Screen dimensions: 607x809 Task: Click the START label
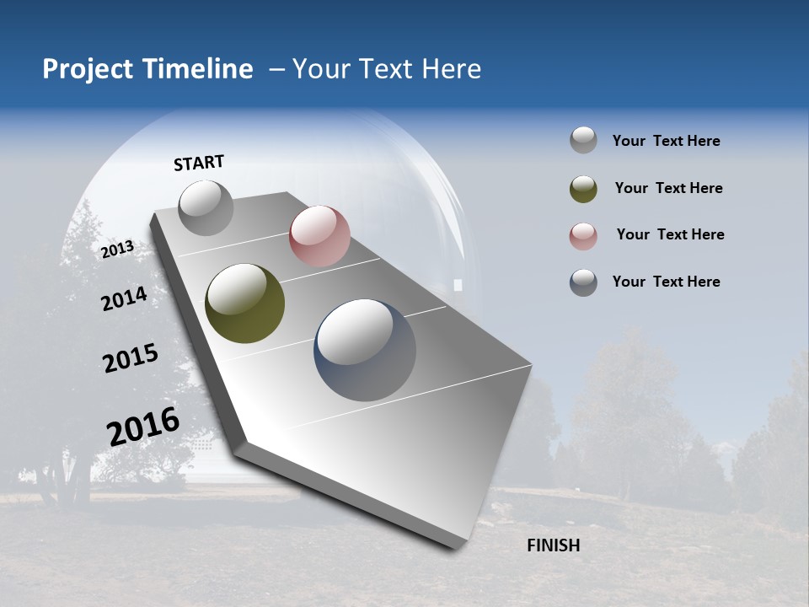click(x=199, y=163)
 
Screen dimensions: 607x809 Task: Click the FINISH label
click(x=553, y=545)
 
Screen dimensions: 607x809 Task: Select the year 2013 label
click(x=118, y=249)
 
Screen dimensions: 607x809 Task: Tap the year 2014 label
click(x=124, y=298)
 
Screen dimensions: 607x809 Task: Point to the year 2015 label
click(x=131, y=358)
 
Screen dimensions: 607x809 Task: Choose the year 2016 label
click(x=143, y=426)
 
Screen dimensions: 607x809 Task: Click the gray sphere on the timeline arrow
click(x=206, y=207)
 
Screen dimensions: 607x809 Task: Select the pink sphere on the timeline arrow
click(x=319, y=236)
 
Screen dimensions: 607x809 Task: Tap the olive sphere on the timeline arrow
click(x=244, y=303)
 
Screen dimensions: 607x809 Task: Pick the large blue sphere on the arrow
click(x=364, y=350)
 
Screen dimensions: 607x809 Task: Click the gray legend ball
click(x=583, y=141)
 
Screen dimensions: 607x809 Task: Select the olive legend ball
click(x=583, y=189)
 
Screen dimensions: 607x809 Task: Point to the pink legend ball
click(x=583, y=236)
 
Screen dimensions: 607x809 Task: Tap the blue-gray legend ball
click(x=583, y=282)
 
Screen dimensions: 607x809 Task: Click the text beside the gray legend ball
click(x=666, y=141)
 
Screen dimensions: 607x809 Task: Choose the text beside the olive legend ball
click(x=668, y=188)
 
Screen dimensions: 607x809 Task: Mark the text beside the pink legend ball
click(x=670, y=234)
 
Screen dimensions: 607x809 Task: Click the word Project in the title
click(x=88, y=69)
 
